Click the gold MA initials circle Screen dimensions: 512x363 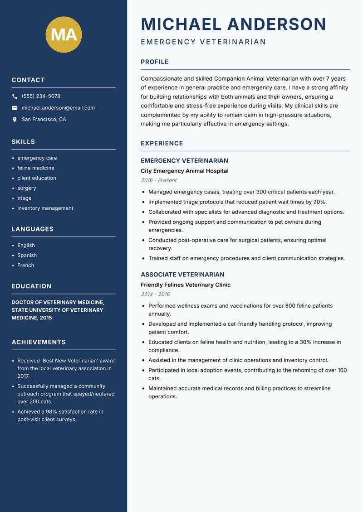64,34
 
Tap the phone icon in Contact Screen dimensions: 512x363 15,96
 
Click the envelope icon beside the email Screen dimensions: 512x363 15,108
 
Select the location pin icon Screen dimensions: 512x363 15,120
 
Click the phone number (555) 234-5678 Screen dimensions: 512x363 41,96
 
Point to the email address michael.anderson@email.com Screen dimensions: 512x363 58,108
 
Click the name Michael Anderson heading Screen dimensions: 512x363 233,24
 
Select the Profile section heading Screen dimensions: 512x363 154,62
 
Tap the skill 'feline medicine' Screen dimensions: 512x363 36,168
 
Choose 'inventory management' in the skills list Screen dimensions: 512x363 45,208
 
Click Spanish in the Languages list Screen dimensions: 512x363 27,255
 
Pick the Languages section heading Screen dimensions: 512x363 33,229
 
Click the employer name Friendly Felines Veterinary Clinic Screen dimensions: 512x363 186,285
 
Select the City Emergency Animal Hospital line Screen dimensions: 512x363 184,171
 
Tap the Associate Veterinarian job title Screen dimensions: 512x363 182,275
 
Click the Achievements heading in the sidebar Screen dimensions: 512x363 39,342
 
